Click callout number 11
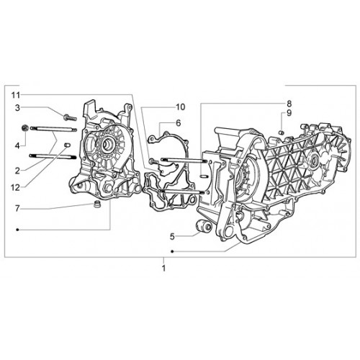pos(16,95)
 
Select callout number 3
pos(17,108)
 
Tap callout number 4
pos(17,145)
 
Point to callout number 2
pos(17,171)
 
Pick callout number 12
pos(16,188)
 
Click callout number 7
pos(17,209)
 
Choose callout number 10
pos(181,107)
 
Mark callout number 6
pos(178,123)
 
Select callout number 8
pos(289,104)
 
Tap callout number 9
pos(289,113)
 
